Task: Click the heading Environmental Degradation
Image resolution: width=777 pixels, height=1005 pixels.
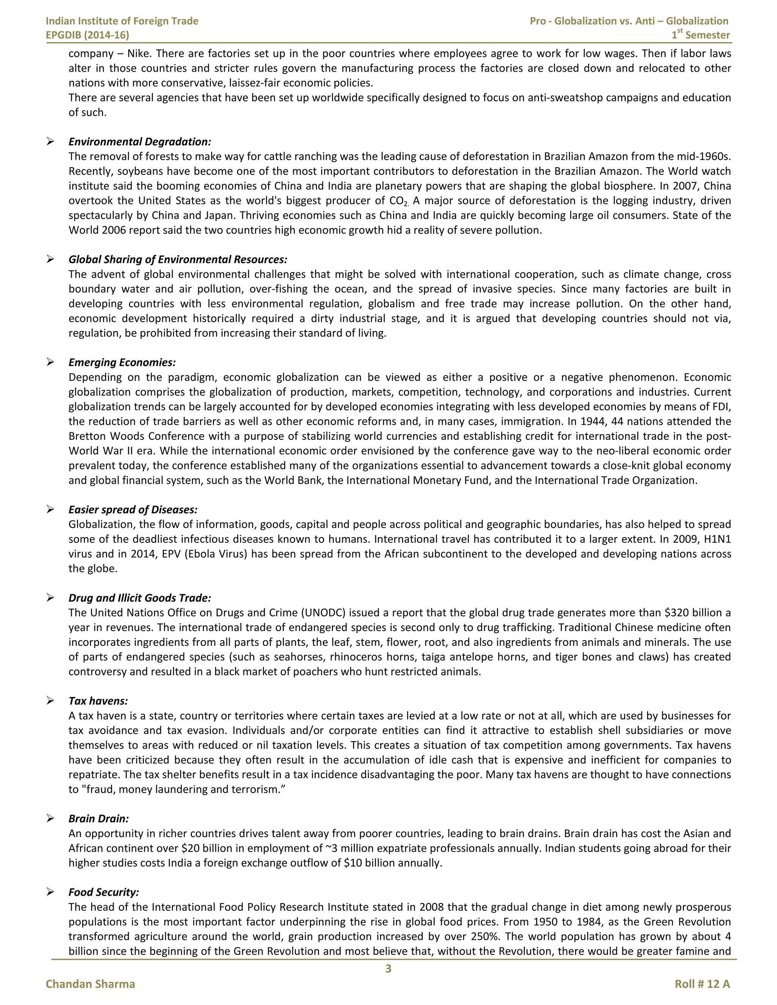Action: click(140, 142)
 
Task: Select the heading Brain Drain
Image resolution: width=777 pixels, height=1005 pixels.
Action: click(99, 819)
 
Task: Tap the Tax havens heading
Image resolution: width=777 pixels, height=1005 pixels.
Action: click(98, 701)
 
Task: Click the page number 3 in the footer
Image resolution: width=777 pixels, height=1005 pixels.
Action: click(388, 969)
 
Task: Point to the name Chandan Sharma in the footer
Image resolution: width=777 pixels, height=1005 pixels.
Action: click(90, 984)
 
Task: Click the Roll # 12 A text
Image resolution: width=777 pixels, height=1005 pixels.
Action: click(702, 984)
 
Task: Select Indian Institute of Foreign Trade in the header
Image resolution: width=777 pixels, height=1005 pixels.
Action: click(122, 21)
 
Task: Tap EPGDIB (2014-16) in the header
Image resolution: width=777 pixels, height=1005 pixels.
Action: click(88, 35)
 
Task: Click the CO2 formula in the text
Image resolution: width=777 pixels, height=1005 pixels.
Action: click(399, 201)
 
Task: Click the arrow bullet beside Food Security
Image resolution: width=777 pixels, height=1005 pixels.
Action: click(50, 892)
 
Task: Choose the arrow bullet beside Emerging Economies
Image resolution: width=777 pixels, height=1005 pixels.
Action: click(50, 362)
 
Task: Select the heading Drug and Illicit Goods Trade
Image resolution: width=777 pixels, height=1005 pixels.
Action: click(140, 598)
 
